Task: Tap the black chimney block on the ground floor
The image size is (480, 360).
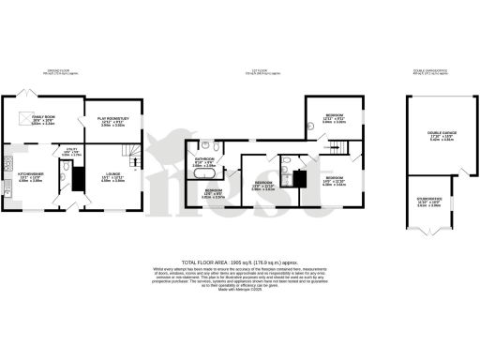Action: (x=79, y=176)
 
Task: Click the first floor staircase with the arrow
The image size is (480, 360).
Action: (x=334, y=143)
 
